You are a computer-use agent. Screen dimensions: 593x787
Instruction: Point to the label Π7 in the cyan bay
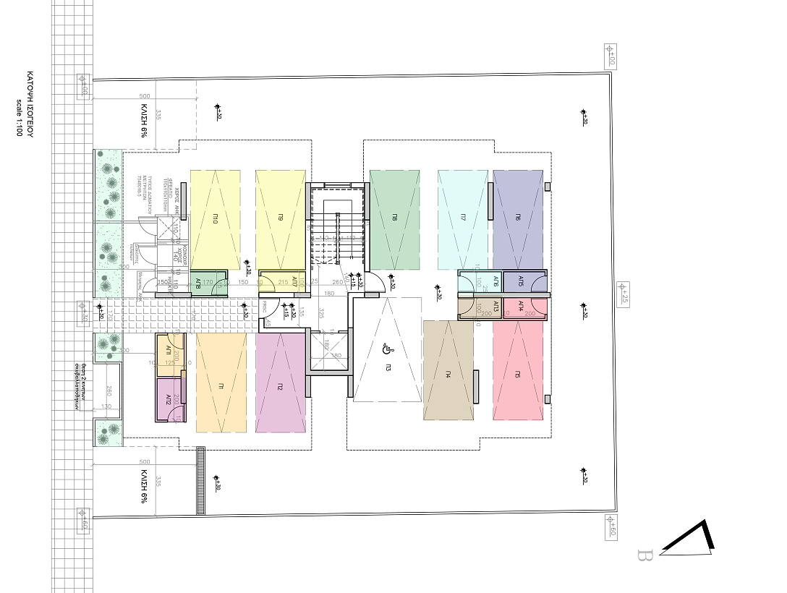pyautogui.click(x=462, y=217)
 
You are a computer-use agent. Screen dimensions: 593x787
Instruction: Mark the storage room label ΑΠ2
pyautogui.click(x=168, y=398)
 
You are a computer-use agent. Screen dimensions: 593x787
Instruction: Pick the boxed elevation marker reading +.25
pyautogui.click(x=620, y=295)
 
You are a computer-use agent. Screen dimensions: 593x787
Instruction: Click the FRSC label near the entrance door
pyautogui.click(x=265, y=304)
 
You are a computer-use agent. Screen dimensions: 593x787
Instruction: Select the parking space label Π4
pyautogui.click(x=448, y=374)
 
